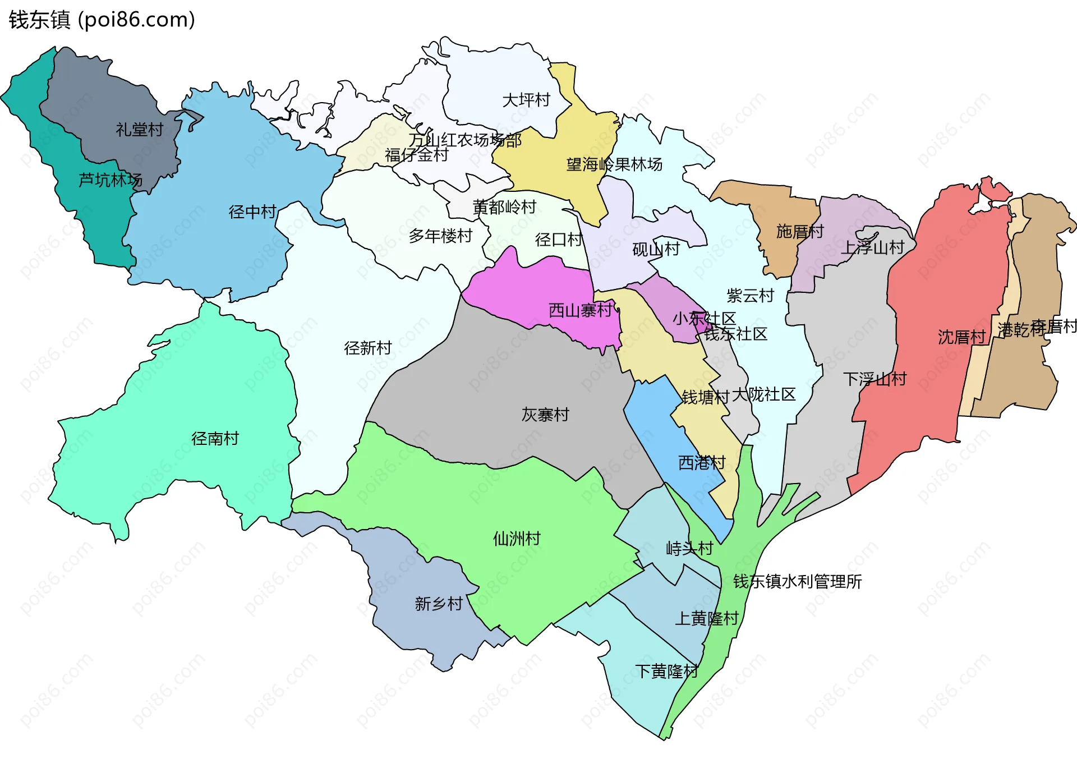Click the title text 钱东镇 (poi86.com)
[102, 20]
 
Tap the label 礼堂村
[139, 130]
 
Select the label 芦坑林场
[110, 180]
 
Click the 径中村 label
[252, 212]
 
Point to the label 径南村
[215, 438]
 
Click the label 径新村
[367, 348]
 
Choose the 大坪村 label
[526, 100]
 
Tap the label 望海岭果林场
[614, 164]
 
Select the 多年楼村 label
[440, 236]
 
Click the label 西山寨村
[580, 310]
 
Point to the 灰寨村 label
[545, 415]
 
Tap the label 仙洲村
[517, 539]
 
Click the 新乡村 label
[439, 604]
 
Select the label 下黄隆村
[666, 671]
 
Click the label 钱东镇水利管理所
[797, 581]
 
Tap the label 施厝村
[800, 231]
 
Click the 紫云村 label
[750, 295]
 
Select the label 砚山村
[656, 249]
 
